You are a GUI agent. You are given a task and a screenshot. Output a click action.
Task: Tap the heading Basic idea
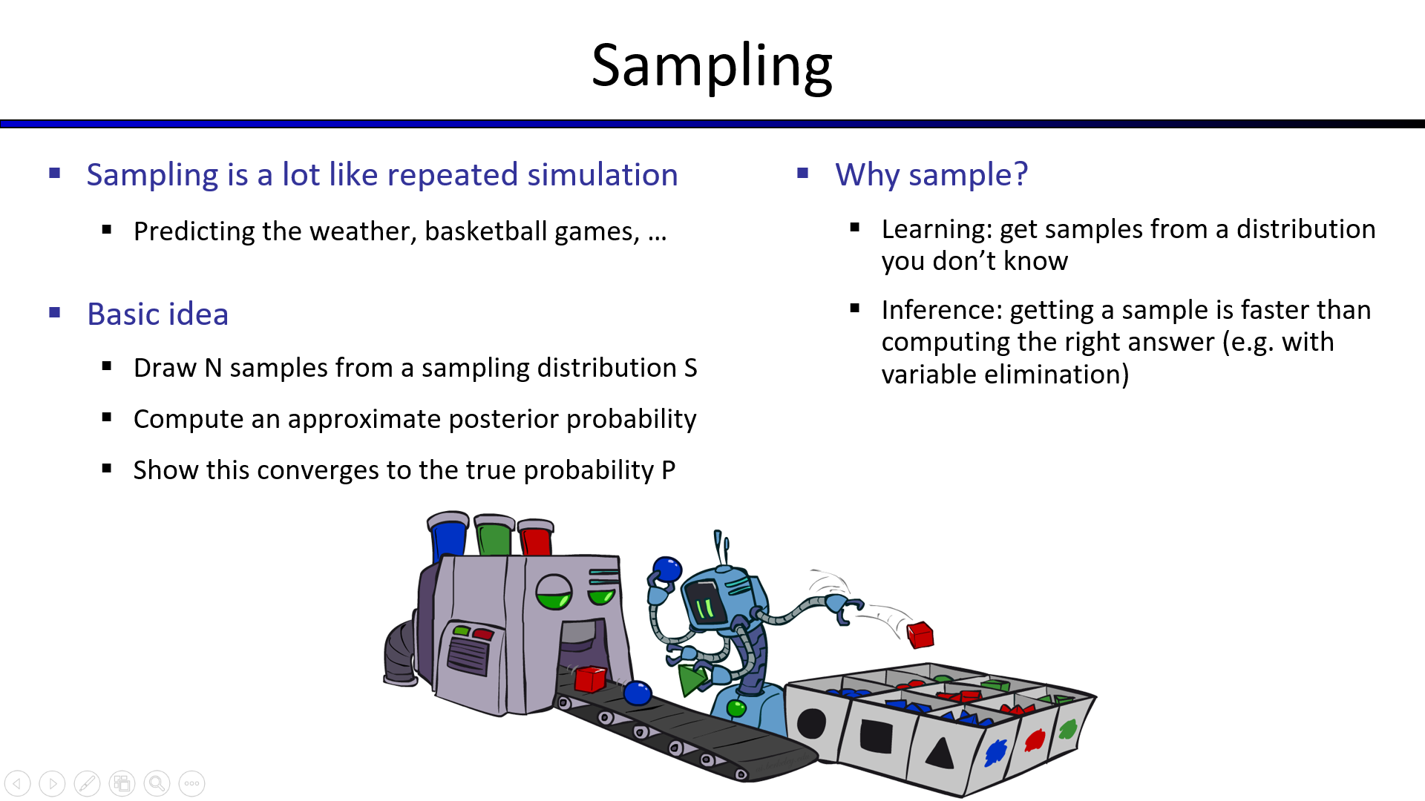pos(157,314)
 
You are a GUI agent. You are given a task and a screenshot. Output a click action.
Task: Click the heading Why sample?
pos(931,175)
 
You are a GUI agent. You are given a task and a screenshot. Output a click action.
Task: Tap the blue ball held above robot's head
pos(666,570)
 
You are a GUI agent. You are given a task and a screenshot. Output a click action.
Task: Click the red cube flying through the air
pos(920,635)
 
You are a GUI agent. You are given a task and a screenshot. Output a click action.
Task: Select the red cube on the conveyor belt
pos(590,679)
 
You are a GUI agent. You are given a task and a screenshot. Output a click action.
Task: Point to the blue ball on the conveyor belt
pos(637,693)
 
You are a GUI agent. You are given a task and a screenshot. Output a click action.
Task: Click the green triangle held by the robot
pos(692,679)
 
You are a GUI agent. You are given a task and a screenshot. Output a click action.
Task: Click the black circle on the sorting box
pos(811,723)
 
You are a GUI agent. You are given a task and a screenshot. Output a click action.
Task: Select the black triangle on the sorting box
pos(940,753)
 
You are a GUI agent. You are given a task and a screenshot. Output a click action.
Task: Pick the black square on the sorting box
pos(877,736)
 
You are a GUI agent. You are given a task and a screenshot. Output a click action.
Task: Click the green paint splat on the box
pos(1067,730)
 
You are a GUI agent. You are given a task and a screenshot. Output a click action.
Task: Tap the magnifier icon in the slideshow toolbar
pos(157,783)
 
